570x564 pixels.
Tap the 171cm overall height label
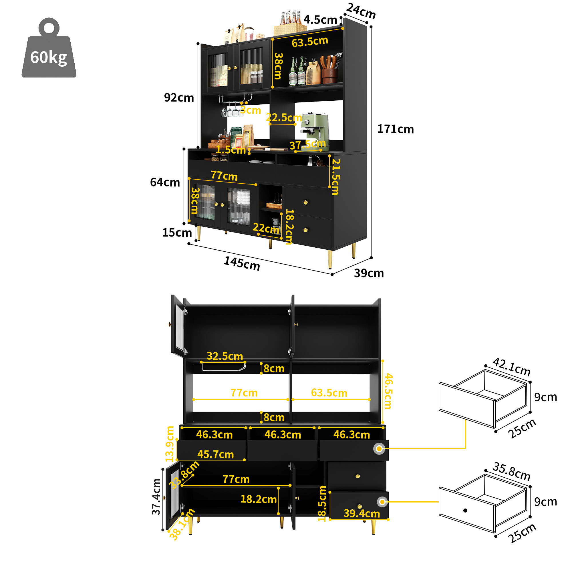395,129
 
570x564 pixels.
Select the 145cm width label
242,263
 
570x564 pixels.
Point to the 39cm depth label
369,273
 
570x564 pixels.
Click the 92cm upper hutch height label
179,98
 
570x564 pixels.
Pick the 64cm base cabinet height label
165,182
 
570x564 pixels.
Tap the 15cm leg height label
177,233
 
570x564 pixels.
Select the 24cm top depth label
361,11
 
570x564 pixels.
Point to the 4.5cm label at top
320,20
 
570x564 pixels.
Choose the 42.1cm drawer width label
511,367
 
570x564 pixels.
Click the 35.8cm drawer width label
511,471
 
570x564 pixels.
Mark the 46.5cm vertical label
389,391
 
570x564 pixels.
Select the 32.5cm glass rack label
225,356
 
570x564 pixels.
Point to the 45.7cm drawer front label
215,454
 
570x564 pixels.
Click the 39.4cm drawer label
362,514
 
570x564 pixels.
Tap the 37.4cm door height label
156,497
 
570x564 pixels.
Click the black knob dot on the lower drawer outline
465,511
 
